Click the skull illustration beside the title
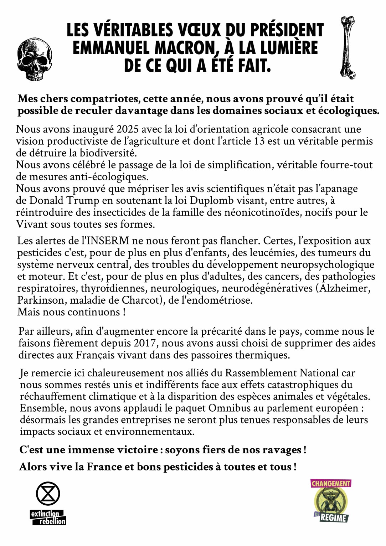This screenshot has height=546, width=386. tap(35, 60)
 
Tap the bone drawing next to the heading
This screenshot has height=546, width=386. tap(348, 47)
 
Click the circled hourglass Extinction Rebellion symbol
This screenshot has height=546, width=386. tap(48, 493)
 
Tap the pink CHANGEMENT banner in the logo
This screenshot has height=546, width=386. tap(331, 484)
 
